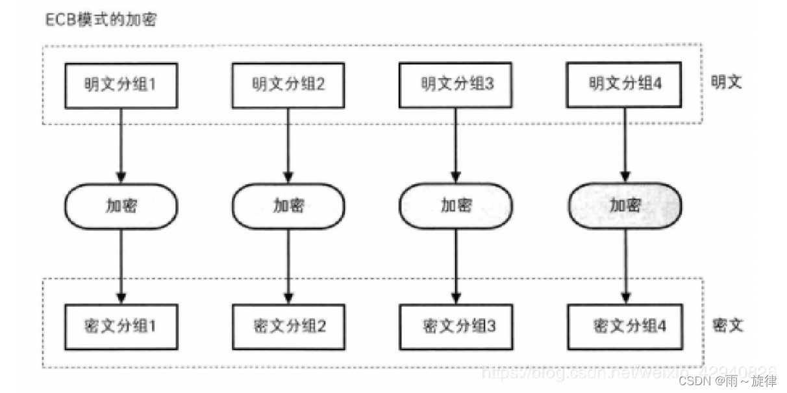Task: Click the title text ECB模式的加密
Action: coord(100,19)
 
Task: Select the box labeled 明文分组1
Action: coord(121,84)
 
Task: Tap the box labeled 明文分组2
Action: coord(288,84)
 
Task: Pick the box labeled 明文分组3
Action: coord(456,84)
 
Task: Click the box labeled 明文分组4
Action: coord(625,84)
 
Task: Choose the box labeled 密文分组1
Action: coord(121,326)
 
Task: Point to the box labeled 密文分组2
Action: coord(288,326)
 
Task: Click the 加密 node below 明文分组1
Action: coord(121,206)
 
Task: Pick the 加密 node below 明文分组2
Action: coord(288,206)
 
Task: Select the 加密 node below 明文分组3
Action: coord(456,206)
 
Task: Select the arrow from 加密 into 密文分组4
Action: coord(625,266)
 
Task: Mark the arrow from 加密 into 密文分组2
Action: coord(288,266)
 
